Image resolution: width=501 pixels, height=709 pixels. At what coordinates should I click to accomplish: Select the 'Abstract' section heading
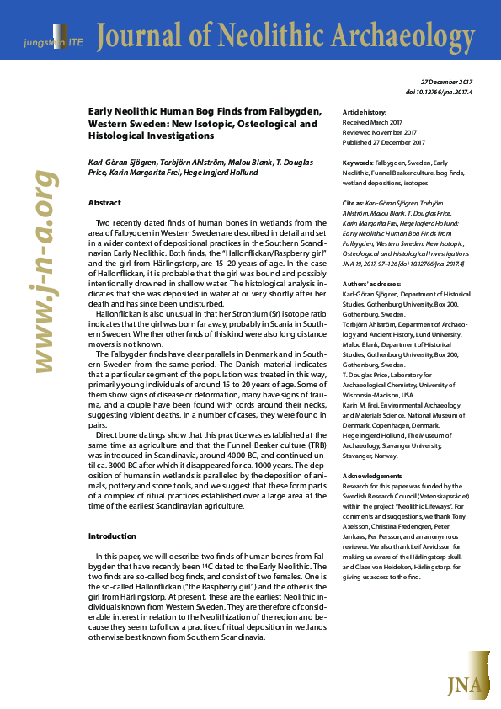[x=105, y=203]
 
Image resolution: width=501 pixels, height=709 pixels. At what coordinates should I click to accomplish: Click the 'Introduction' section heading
[x=112, y=536]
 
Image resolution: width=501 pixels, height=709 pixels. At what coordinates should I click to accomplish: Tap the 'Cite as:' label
[x=354, y=204]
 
